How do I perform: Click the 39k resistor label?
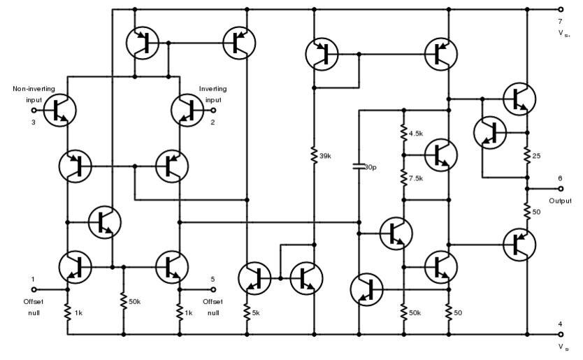point(325,156)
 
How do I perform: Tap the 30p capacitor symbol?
point(359,167)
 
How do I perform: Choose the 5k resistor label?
point(257,311)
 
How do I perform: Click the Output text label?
point(560,201)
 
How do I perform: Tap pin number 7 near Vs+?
point(559,22)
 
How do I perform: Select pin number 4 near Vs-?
point(559,323)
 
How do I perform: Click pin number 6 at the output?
point(559,178)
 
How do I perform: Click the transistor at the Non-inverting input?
point(59,110)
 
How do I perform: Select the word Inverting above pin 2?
point(213,89)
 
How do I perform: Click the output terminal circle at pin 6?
point(560,189)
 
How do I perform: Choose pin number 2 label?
point(213,122)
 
